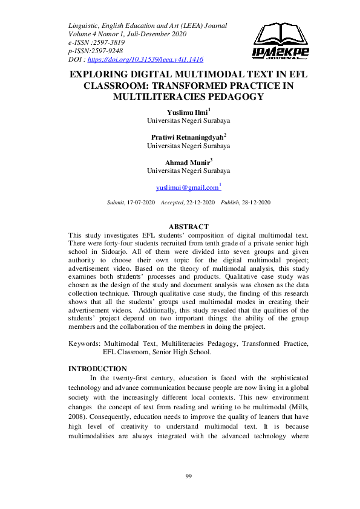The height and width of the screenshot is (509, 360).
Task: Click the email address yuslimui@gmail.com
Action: coord(187,188)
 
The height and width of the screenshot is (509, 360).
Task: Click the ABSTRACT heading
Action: coord(188,227)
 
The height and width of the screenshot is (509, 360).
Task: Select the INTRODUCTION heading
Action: coord(97,369)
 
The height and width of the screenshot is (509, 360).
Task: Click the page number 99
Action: coord(188,477)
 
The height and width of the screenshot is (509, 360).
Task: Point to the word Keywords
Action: coord(85,343)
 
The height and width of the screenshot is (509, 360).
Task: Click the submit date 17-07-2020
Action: coord(141,201)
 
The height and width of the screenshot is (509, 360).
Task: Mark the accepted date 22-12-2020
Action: coord(195,201)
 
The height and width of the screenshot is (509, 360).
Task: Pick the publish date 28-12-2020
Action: coord(255,201)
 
